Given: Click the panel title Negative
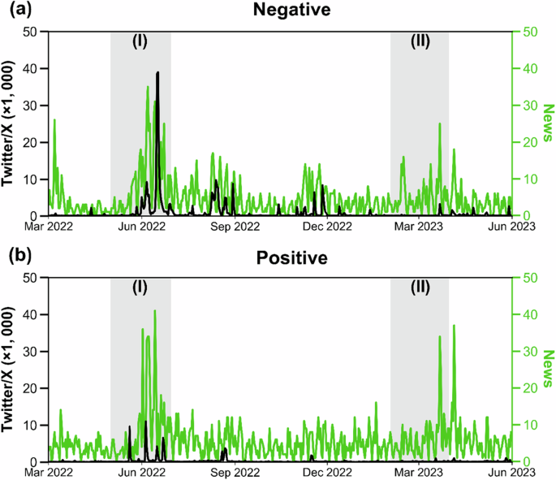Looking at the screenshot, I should [279, 12].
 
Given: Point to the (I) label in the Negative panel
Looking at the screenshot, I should [140, 42].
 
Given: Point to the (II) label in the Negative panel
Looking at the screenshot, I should [419, 42].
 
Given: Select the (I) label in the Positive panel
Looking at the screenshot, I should [140, 288].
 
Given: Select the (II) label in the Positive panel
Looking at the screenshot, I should [419, 288].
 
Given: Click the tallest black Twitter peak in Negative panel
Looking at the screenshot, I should [157, 73].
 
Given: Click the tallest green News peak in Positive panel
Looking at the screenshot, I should [154, 311].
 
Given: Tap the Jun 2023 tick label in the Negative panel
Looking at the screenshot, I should [511, 228].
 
